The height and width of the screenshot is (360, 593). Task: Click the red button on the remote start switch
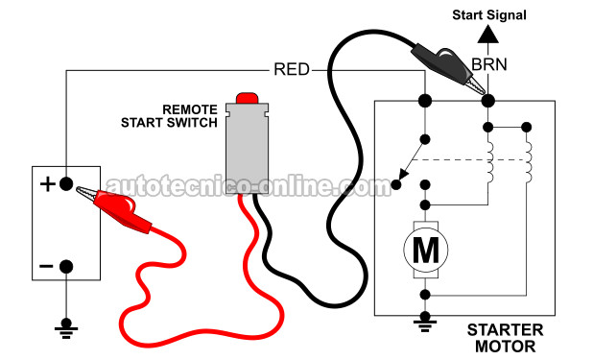coord(247,98)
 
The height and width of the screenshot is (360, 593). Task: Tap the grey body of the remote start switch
coord(247,149)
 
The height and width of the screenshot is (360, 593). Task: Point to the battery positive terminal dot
coord(66,184)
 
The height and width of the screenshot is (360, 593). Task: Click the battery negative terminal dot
coord(66,267)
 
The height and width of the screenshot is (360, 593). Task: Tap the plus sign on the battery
coord(48,184)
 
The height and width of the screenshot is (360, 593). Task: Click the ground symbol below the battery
coord(66,328)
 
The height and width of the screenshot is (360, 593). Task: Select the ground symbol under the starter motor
coord(425,323)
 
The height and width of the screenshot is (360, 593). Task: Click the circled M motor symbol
coord(426,250)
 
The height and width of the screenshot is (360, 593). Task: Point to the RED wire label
coord(292,70)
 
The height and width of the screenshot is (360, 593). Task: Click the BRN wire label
coord(489,64)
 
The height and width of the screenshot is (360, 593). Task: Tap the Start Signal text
coord(489,15)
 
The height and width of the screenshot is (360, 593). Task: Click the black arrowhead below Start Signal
coord(488,34)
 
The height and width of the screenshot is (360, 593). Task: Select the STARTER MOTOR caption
coord(506,338)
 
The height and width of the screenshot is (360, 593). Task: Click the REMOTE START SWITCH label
coord(169,116)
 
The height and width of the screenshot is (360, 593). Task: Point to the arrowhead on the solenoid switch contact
coord(403,174)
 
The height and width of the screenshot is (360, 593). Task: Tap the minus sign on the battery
coord(46,267)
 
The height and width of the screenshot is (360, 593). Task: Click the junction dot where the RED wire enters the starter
coord(425,101)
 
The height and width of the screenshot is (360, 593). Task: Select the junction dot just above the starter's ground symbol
coord(425,294)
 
